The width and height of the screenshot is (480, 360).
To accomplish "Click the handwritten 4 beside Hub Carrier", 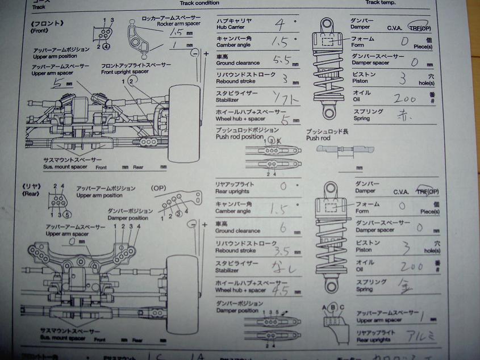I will click(279, 24).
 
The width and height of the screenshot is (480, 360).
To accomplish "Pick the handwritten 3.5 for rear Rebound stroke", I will click(282, 249).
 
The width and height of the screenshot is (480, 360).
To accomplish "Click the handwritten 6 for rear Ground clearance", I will click(282, 228).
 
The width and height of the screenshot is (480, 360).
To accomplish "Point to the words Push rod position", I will click(240, 137).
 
